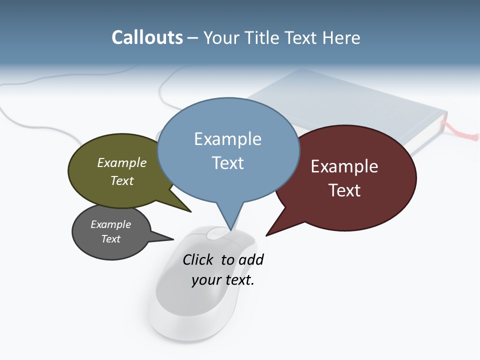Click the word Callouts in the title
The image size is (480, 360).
point(147,37)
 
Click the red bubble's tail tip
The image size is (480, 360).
point(266,235)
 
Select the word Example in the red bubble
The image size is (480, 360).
point(344,166)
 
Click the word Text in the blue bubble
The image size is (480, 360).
point(228,163)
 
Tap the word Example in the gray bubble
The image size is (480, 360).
point(110,224)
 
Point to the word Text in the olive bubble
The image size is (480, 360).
point(122,180)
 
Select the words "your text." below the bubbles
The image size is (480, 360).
point(223,280)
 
